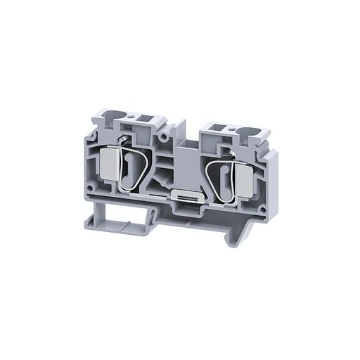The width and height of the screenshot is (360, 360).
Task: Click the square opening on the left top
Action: pos(146,117)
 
